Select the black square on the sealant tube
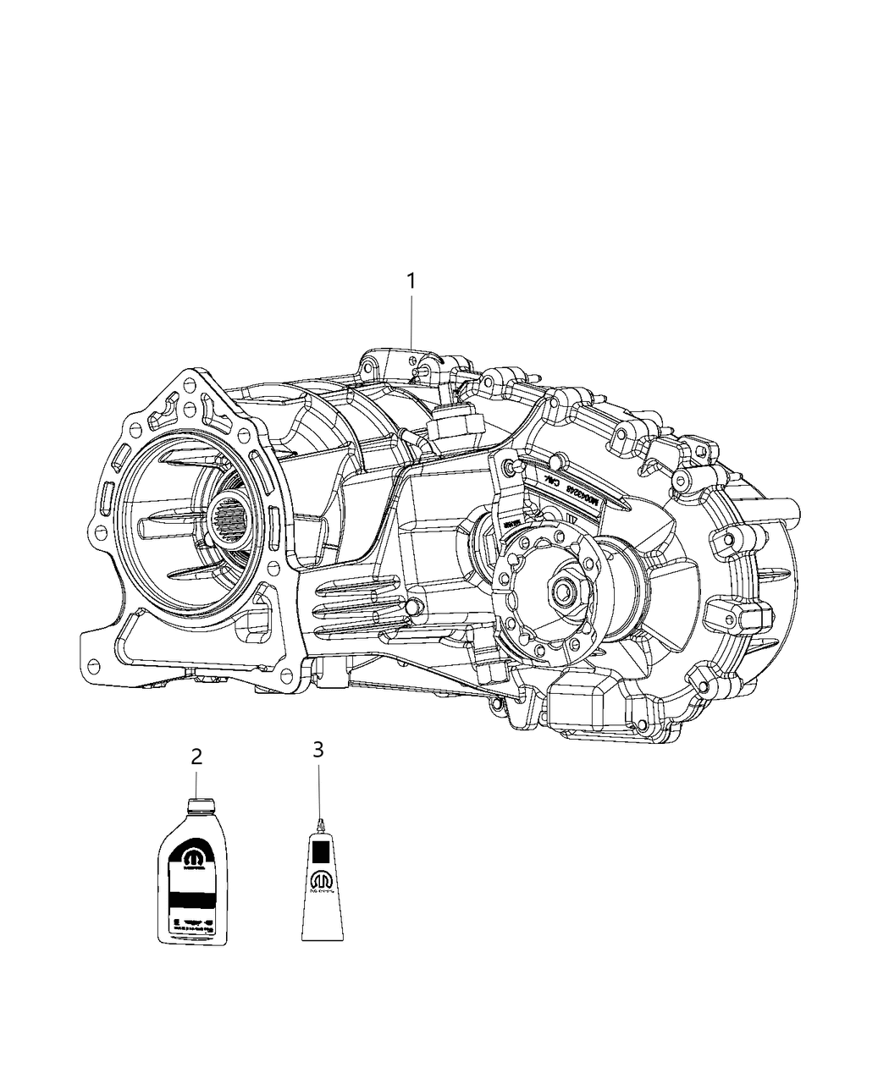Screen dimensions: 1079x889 [x=322, y=849]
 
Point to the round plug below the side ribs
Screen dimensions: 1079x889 [x=412, y=608]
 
